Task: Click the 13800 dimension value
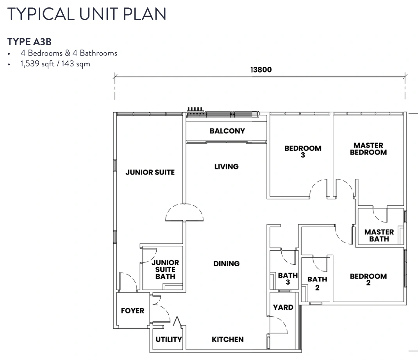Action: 261,70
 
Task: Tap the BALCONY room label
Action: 227,131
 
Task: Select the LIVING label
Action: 226,167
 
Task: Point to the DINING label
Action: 226,264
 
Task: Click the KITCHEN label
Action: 228,339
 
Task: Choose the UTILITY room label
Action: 169,339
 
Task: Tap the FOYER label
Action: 132,310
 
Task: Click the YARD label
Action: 283,307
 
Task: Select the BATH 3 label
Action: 288,278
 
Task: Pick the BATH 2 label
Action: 317,283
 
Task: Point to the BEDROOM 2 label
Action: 368,279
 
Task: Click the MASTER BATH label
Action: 379,235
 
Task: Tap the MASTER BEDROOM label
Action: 368,149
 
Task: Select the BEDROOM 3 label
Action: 303,151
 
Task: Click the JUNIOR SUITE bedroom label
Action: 150,173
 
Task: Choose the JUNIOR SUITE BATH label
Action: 165,269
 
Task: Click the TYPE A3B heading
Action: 29,42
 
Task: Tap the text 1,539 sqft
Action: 38,64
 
